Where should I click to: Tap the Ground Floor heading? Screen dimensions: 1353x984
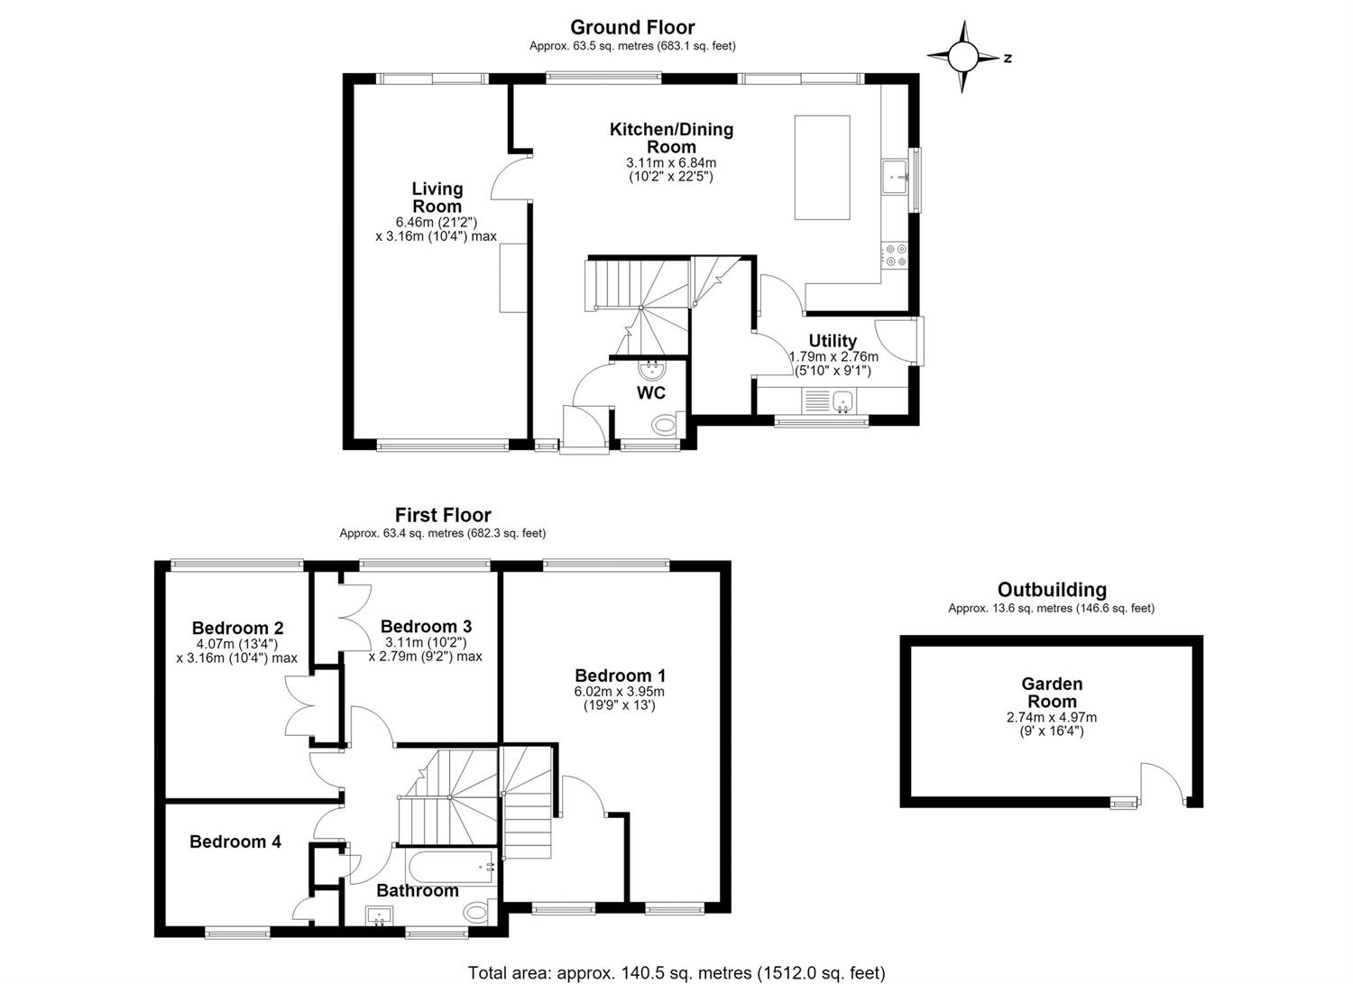[632, 27]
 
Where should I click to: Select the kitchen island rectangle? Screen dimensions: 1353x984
[822, 168]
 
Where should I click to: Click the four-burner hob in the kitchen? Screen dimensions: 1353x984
[895, 255]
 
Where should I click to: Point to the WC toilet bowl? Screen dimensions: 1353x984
[667, 424]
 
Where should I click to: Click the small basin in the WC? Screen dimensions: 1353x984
[652, 368]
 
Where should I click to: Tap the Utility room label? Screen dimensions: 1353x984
[833, 341]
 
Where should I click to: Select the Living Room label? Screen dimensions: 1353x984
[437, 198]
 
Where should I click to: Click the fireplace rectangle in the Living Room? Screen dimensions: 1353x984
[513, 277]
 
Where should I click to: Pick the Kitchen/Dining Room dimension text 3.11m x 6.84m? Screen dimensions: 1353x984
[671, 163]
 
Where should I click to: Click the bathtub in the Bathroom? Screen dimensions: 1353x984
[452, 867]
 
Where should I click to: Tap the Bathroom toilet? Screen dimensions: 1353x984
[480, 912]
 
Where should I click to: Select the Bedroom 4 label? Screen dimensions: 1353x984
[235, 841]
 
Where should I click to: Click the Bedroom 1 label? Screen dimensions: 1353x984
[620, 676]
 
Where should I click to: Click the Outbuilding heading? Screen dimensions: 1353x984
[1052, 590]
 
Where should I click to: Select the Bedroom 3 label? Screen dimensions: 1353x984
[426, 626]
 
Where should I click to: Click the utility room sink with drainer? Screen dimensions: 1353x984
[827, 401]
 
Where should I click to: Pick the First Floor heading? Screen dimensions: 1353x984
[443, 515]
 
